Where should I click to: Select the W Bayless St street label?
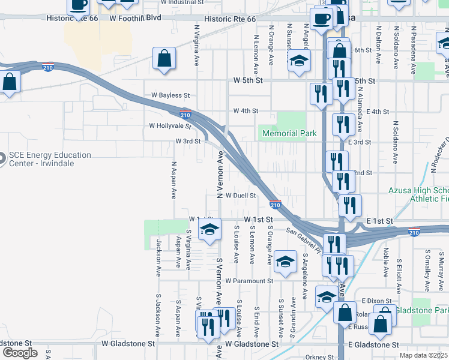tap(170, 95)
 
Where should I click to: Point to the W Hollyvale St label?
tap(170, 127)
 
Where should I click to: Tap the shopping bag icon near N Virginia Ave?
tap(164, 59)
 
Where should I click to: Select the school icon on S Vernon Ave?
tap(209, 229)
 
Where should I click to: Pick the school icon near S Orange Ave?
tap(285, 261)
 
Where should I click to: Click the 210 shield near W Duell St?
tap(275, 205)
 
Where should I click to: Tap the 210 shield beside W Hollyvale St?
tap(185, 113)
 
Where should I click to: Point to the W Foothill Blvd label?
tap(135, 19)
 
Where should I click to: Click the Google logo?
tap(19, 353)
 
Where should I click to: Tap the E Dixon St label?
tap(376, 301)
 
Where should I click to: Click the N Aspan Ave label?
tap(173, 180)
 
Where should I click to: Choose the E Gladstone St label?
tap(373, 345)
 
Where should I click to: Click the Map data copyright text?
tap(423, 356)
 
